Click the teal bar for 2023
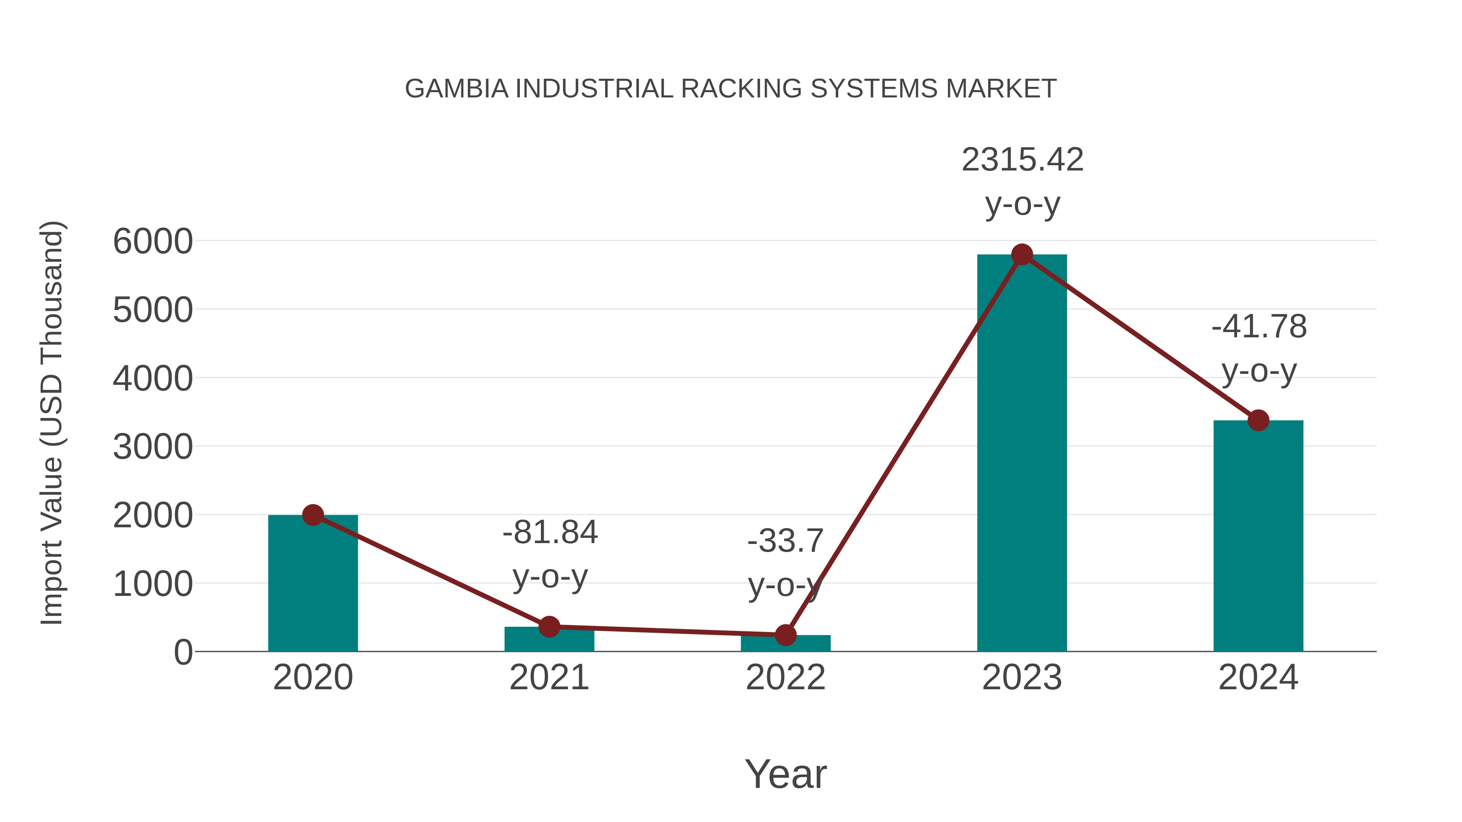(x=1022, y=454)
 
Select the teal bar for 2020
(x=313, y=584)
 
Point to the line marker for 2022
(x=785, y=635)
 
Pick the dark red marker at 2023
(x=1022, y=255)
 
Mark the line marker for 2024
(x=1258, y=421)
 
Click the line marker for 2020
(x=313, y=515)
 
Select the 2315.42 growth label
(x=1022, y=160)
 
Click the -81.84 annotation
(x=550, y=533)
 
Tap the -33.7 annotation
(x=785, y=541)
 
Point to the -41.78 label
(x=1259, y=327)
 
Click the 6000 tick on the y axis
(x=153, y=242)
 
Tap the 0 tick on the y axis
(x=183, y=652)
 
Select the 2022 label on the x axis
(x=785, y=677)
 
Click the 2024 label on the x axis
(x=1258, y=677)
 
